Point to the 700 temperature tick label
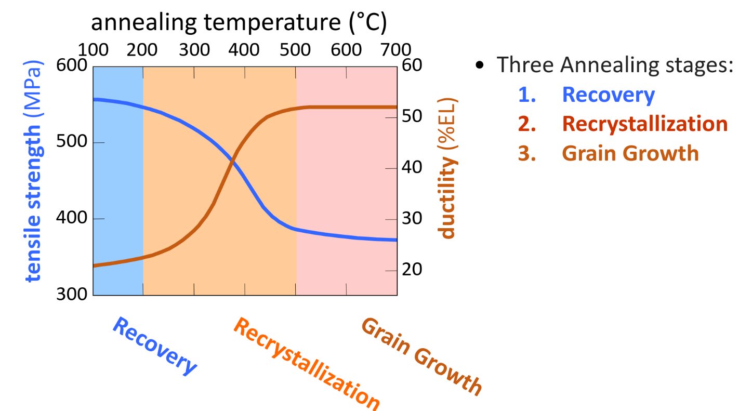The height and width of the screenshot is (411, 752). pos(396,50)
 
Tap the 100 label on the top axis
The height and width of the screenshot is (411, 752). pos(93,50)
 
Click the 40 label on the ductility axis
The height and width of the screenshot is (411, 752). pos(411,168)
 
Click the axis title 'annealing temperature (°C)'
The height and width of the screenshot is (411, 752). pos(240,23)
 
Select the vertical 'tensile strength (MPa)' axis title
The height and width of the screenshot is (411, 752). pos(33,175)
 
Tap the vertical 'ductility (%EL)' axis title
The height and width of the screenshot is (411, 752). pos(447,168)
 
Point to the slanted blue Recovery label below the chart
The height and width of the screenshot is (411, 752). pos(155,346)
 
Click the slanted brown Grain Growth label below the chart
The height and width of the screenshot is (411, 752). pos(421,356)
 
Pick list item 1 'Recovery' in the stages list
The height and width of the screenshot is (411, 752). pos(608,95)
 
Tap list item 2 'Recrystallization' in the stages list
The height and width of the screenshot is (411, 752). pos(644,124)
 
